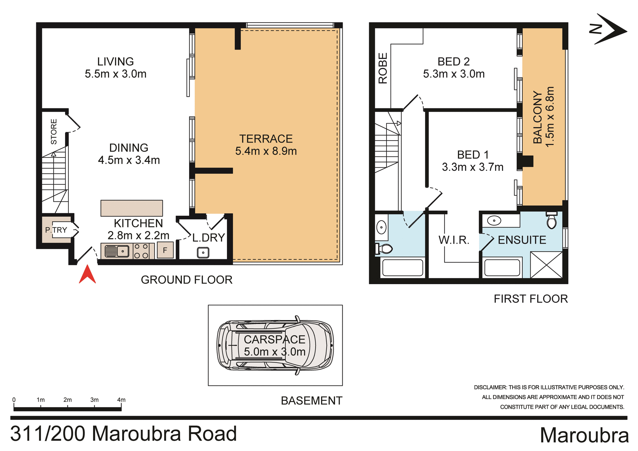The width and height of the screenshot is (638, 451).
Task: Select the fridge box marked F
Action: point(165,251)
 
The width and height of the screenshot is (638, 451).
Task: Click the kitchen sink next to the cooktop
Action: point(117,251)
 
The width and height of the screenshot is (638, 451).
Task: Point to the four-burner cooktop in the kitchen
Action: point(141,251)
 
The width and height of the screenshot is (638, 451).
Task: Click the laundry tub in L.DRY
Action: point(203,253)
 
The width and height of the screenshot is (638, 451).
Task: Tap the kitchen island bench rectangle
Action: point(132,208)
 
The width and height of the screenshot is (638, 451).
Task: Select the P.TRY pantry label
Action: point(56,230)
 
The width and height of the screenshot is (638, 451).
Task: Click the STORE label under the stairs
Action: point(53,132)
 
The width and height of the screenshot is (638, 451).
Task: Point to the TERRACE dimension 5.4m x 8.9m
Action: point(266,151)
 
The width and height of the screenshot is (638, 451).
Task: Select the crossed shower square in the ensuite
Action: point(546,265)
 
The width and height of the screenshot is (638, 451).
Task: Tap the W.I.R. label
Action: point(454,240)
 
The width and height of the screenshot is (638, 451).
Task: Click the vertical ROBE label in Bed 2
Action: point(383,68)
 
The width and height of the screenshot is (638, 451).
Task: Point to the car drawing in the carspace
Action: point(275,346)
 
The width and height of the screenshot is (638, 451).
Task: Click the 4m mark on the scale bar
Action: point(121,400)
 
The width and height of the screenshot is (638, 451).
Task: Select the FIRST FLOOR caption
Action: point(531,299)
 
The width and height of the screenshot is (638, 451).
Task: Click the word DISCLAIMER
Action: point(490,388)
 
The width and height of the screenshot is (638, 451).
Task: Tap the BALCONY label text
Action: point(538,117)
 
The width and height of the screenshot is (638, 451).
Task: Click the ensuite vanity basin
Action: point(494,221)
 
